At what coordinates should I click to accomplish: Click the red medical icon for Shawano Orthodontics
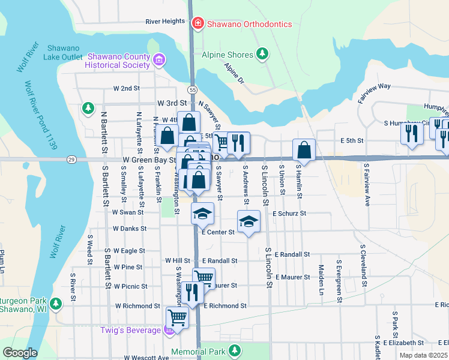197,24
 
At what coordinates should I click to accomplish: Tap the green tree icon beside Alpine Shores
262,55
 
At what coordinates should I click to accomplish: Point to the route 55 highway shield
191,89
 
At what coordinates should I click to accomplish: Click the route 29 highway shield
71,160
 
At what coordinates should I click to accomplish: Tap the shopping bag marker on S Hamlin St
304,150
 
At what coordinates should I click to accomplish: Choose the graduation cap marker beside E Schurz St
249,221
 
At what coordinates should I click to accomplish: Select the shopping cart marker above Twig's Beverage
176,316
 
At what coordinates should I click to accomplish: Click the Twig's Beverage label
131,330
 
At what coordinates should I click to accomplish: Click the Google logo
20,352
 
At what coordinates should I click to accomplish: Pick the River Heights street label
165,22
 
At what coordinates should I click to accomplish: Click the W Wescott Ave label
146,358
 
